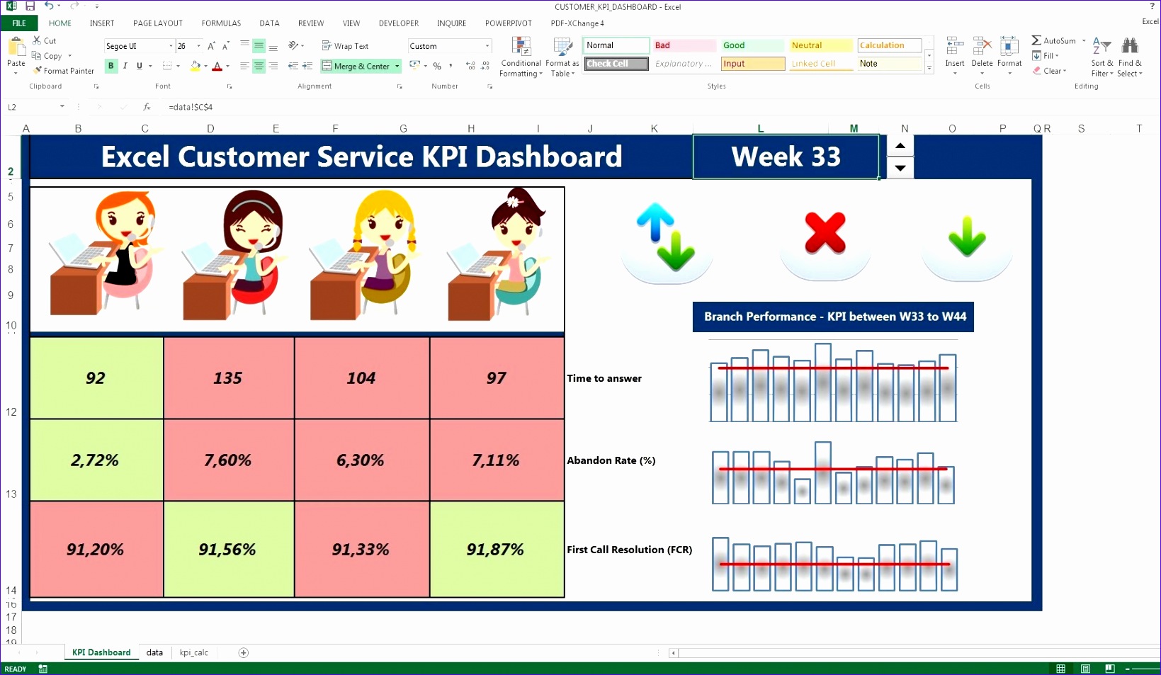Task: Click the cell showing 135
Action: click(228, 378)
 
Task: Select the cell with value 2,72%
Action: click(96, 460)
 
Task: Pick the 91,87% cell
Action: click(496, 550)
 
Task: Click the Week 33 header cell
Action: click(786, 157)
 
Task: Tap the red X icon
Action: click(825, 233)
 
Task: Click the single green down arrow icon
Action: click(967, 237)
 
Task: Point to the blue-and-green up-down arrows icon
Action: click(667, 236)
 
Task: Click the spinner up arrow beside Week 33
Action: click(900, 146)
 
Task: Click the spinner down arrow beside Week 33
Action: click(900, 168)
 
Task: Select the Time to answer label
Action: click(604, 378)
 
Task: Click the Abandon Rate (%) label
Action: click(611, 460)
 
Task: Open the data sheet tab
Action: click(154, 652)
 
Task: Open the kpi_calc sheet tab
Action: click(193, 652)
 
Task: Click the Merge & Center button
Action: click(361, 66)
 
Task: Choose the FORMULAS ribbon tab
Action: click(221, 23)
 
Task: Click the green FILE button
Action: click(19, 23)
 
